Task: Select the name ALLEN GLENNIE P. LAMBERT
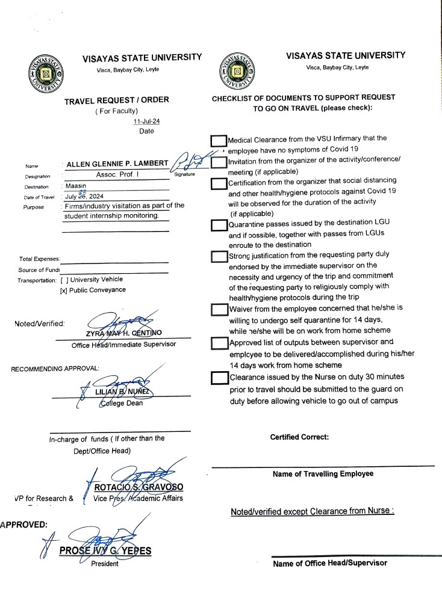[x=117, y=164]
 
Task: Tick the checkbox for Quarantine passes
[x=219, y=226]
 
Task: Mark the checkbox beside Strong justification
[x=219, y=257]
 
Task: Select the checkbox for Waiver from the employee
[x=219, y=309]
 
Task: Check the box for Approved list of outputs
[x=219, y=343]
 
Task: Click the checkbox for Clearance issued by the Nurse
[x=219, y=378]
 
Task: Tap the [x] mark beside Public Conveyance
[x=63, y=290]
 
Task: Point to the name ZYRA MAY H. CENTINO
[x=123, y=333]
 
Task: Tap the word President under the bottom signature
[x=105, y=564]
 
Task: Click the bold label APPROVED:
[x=23, y=524]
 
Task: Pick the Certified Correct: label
[x=299, y=437]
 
